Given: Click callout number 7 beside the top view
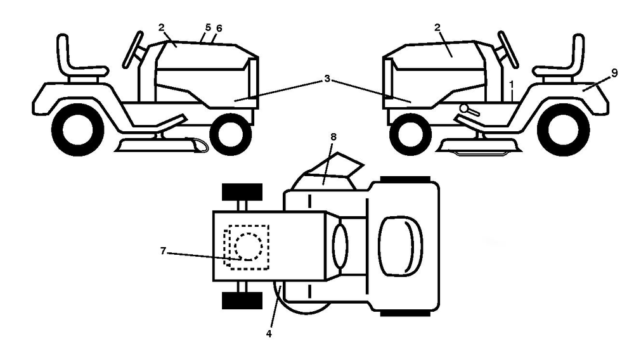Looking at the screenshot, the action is pos(163,252).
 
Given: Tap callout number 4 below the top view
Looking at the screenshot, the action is pos(269,334).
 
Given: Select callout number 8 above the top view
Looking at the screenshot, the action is pos(333,137).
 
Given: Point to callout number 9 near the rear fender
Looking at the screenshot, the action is pos(614,73).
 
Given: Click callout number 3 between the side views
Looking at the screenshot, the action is pos(327,79).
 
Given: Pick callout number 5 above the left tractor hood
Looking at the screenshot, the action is pos(208,27).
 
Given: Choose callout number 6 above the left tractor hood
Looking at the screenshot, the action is pos(219,29).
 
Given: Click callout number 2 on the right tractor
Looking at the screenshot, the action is pos(437,27).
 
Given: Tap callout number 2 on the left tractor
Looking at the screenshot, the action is pos(161,27).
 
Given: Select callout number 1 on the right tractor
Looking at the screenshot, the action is pos(512,84).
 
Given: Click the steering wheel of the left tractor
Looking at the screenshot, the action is pos(133,49).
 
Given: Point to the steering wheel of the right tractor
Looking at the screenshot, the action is pos(508,49).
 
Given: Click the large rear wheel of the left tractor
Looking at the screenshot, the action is pos(78,129).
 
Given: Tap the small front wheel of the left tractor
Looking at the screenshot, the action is pos(231,134).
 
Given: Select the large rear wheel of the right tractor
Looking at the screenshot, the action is pos(563,129).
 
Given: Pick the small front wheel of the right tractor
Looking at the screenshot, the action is pos(410,134).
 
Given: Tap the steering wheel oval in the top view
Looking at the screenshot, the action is pos(340,246).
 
